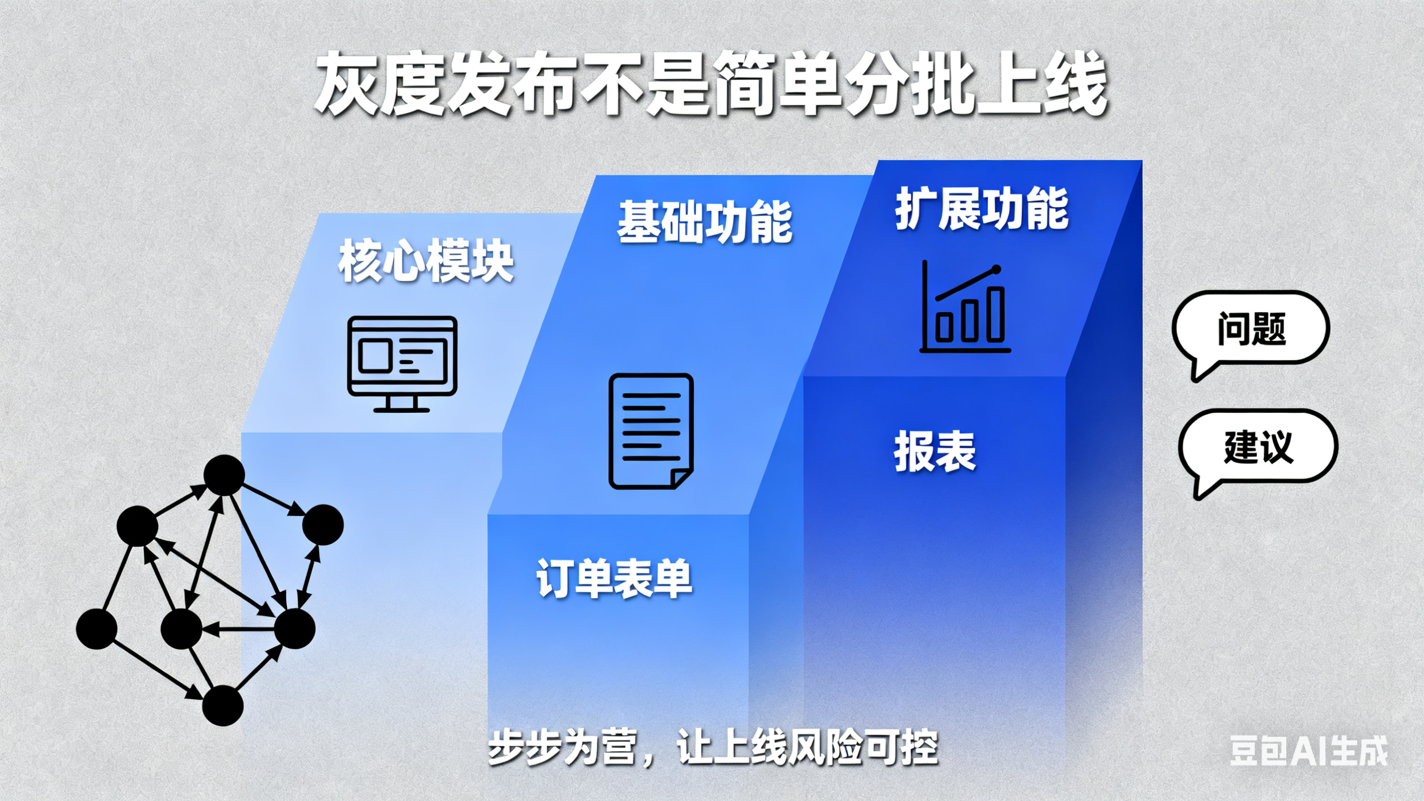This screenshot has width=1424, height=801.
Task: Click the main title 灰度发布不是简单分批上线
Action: [x=711, y=84]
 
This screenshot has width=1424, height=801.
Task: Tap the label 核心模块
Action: [x=426, y=261]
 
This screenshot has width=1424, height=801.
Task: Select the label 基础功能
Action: [x=705, y=222]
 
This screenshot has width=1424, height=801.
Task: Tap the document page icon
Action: [x=651, y=432]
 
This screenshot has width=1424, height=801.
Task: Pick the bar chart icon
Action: [x=965, y=306]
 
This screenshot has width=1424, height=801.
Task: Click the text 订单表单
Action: [x=614, y=578]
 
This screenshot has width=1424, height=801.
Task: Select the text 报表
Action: [x=935, y=451]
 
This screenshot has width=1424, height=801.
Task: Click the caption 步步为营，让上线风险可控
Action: [x=713, y=748]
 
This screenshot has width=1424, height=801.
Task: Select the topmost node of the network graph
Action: [x=224, y=475]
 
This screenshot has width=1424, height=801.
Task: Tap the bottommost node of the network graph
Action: [x=223, y=706]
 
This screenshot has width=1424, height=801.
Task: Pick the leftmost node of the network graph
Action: [x=96, y=629]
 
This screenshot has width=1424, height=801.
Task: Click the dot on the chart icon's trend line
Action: [x=997, y=270]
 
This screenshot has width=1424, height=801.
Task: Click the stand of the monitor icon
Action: [x=402, y=404]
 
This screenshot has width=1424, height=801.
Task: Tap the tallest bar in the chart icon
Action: [x=996, y=314]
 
